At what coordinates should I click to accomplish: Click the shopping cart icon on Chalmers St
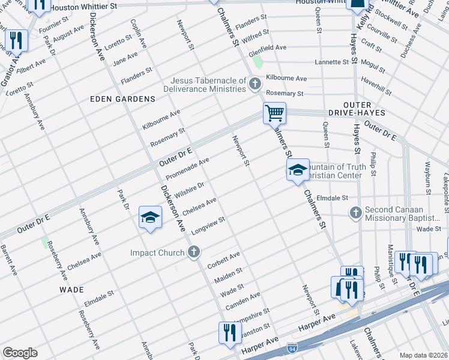(x=274, y=112)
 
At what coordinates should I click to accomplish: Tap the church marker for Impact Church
(x=194, y=253)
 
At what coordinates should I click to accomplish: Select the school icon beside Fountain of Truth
(x=297, y=171)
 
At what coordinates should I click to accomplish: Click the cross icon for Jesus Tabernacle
(x=255, y=83)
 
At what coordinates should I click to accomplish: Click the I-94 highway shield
(x=292, y=347)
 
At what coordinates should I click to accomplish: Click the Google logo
(x=20, y=353)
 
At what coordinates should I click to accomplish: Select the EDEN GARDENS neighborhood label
(x=122, y=98)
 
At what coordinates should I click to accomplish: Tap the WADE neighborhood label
(x=71, y=289)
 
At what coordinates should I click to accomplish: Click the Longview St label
(x=208, y=226)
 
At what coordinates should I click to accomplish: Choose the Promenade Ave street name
(x=187, y=169)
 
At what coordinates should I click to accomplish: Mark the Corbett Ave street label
(x=223, y=259)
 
